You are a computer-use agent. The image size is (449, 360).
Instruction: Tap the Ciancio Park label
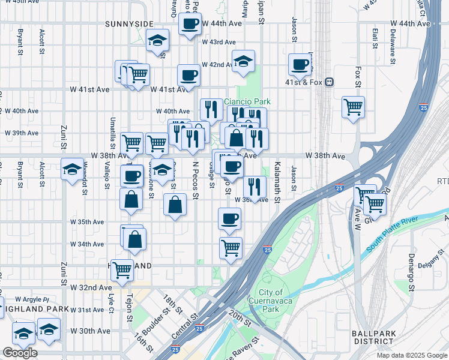[x=244, y=102]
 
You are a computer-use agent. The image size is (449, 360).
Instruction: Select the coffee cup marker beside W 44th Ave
[x=190, y=25]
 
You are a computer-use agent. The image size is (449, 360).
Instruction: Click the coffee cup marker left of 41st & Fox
[x=300, y=64]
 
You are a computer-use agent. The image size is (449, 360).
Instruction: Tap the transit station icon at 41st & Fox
[x=329, y=83]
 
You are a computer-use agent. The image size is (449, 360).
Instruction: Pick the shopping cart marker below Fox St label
[x=354, y=108]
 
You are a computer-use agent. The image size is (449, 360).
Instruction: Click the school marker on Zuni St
[x=72, y=169]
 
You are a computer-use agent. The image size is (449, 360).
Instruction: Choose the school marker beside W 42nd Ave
[x=243, y=61]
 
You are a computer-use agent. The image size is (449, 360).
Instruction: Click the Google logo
[x=20, y=353]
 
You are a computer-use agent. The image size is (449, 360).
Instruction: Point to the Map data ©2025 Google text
[x=411, y=355]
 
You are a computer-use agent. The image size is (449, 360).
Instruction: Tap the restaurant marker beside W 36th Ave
[x=255, y=187]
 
